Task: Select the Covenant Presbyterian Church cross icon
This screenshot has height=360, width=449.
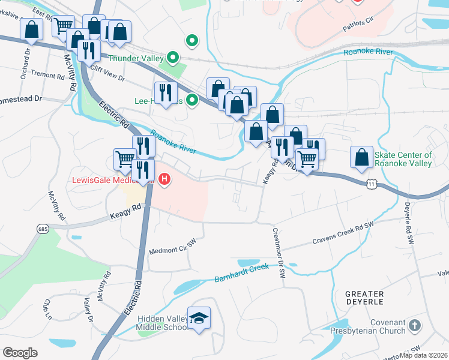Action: point(414,326)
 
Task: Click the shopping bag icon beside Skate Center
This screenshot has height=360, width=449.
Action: point(361,157)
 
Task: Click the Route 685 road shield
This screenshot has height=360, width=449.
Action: point(43,228)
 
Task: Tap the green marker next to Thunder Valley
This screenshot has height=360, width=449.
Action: point(173,58)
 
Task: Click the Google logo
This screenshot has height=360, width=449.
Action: point(20,353)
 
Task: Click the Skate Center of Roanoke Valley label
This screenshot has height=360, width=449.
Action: point(403,159)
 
